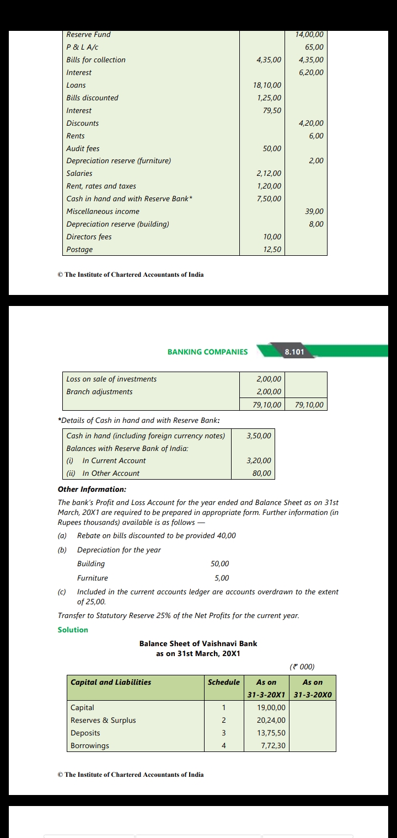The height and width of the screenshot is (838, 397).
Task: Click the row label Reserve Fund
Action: pos(88,35)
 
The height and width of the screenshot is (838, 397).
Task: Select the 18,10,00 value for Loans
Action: pos(267,85)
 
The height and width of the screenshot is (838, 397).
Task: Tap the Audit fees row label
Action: pos(83,149)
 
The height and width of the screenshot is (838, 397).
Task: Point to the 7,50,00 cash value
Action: pos(269,199)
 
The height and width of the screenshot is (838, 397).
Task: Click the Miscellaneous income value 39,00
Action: pos(314,212)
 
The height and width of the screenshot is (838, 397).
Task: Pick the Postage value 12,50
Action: pos(272,250)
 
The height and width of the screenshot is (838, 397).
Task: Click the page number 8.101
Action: pos(294,352)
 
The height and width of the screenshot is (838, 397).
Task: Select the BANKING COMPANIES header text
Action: pos(207,352)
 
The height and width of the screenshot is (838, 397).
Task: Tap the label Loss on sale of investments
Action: pos(111,379)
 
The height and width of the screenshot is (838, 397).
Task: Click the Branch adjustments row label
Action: pos(99,392)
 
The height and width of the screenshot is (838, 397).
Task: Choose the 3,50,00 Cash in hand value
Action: pos(259,436)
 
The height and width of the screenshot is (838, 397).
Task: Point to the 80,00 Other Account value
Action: pos(262,474)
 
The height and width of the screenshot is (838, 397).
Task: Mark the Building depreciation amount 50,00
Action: pos(220,564)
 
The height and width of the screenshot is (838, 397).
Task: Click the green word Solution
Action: pos(73,630)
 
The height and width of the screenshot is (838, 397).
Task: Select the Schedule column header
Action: pos(224,683)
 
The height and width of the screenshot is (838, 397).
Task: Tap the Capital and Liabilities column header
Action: pos(111,683)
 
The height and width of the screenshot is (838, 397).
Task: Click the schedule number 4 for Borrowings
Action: pos(224,746)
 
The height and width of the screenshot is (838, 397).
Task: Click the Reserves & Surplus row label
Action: pos(103,721)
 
